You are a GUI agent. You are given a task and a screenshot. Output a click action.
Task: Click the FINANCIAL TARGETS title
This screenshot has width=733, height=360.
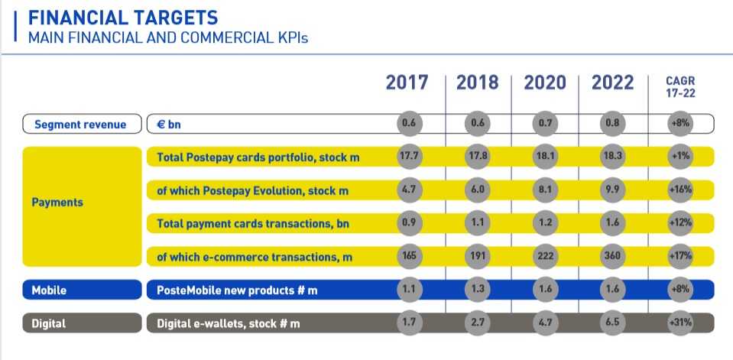click(x=122, y=17)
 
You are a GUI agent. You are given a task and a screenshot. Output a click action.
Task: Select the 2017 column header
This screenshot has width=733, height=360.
click(x=407, y=83)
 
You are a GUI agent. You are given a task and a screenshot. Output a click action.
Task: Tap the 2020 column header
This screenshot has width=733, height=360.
click(x=544, y=83)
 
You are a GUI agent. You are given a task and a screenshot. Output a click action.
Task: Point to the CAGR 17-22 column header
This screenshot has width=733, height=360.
click(x=680, y=86)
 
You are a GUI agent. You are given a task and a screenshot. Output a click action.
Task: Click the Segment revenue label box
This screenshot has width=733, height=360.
click(x=80, y=124)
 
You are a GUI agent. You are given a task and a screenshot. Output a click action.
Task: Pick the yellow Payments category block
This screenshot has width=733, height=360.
click(x=82, y=203)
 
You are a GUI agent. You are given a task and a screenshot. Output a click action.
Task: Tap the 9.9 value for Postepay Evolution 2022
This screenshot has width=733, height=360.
click(x=613, y=190)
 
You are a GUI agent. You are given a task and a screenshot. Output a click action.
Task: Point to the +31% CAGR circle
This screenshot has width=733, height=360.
click(x=680, y=323)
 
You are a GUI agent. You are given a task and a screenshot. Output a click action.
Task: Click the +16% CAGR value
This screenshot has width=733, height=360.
click(x=680, y=190)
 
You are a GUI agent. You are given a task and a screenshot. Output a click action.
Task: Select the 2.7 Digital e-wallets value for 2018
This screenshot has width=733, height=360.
click(x=478, y=323)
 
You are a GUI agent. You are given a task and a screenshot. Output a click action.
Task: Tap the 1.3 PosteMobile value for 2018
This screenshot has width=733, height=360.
click(x=478, y=290)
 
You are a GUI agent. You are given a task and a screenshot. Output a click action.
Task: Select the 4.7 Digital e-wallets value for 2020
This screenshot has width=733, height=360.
click(x=546, y=323)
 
